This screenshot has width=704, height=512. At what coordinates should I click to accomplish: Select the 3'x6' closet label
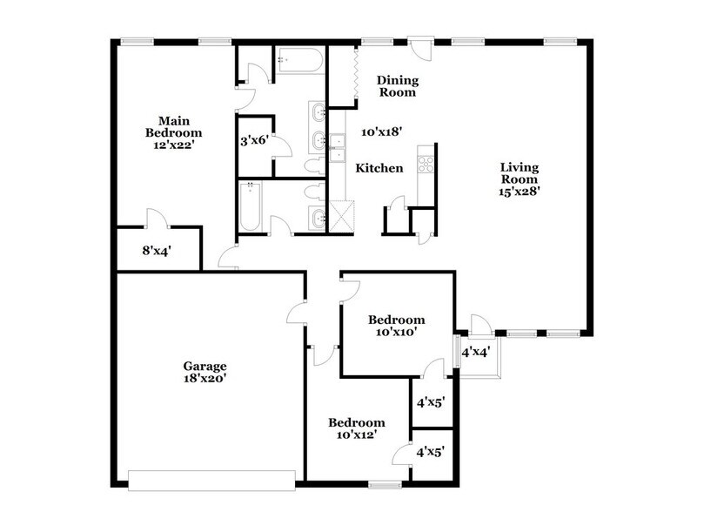253,139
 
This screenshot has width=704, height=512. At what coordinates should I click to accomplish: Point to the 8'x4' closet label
157,250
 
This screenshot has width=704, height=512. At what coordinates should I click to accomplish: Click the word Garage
204,366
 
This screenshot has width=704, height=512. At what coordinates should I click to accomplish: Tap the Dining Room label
396,85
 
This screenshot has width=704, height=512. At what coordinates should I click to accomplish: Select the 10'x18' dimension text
381,131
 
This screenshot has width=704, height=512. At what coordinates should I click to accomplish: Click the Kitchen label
380,167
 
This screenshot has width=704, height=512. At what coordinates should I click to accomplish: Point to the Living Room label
520,173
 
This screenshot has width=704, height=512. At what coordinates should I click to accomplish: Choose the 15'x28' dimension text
520,193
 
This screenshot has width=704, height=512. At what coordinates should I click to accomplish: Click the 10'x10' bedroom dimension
396,331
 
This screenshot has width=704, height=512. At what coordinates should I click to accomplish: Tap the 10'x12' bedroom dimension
356,435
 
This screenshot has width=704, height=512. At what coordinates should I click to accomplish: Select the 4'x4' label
477,353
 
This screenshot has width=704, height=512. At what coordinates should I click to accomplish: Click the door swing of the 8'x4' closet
154,218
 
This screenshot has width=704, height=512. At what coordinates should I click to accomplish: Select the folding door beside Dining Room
356,71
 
